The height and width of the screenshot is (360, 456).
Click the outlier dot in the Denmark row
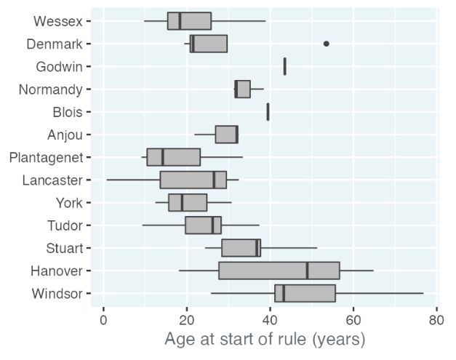pyautogui.click(x=327, y=44)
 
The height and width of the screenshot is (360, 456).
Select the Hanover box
pyautogui.click(x=279, y=271)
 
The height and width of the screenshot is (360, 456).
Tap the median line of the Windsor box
pyautogui.click(x=284, y=293)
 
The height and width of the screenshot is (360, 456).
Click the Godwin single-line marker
pyautogui.click(x=284, y=66)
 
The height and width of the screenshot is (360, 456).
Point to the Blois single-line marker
pyautogui.click(x=268, y=112)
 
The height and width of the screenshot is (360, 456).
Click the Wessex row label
pyautogui.click(x=58, y=21)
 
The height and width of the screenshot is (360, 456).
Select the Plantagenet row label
pyautogui.click(x=47, y=158)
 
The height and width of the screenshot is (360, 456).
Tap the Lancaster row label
pyautogui.click(x=52, y=180)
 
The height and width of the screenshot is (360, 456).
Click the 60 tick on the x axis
pyautogui.click(x=353, y=320)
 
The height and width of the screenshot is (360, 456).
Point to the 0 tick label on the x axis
pyautogui.click(x=103, y=320)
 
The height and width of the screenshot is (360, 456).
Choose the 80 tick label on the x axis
pyautogui.click(x=436, y=320)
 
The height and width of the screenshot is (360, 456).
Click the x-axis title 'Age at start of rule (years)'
pyautogui.click(x=265, y=340)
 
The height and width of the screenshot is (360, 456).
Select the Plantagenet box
pyautogui.click(x=174, y=157)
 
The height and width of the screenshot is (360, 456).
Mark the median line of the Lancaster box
pyautogui.click(x=214, y=180)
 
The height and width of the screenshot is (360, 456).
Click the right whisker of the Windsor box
pyautogui.click(x=380, y=293)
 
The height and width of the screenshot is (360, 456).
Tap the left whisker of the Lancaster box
pyautogui.click(x=133, y=180)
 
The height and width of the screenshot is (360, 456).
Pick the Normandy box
pyautogui.click(x=242, y=89)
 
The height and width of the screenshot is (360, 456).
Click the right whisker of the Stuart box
pyautogui.click(x=289, y=248)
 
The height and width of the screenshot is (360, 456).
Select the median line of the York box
pyautogui.click(x=182, y=203)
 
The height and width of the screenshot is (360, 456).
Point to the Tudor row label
pyautogui.click(x=65, y=225)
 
